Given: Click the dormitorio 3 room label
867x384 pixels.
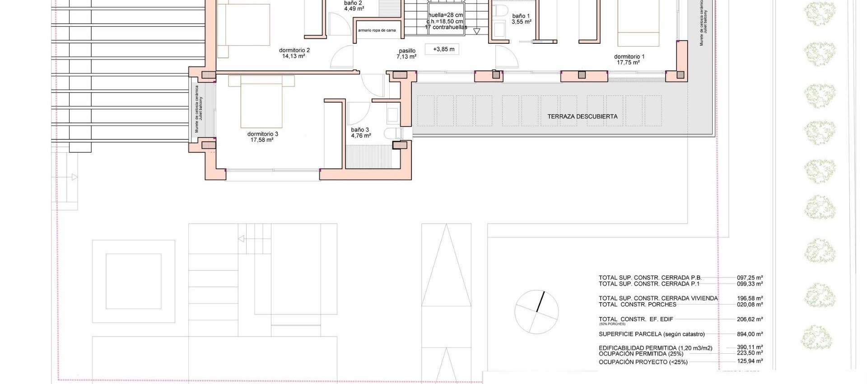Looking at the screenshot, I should (x=262, y=134).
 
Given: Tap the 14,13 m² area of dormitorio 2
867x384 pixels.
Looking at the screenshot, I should (x=294, y=56).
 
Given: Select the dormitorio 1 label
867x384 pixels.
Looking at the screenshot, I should (x=629, y=57).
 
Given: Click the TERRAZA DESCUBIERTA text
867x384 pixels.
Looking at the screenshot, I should (x=582, y=117).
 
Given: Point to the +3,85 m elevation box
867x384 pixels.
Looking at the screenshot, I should (x=443, y=49).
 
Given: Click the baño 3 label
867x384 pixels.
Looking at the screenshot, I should (x=360, y=130).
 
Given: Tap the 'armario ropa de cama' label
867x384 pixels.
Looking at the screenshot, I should (x=377, y=31).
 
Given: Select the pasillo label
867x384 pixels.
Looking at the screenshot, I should (x=407, y=51).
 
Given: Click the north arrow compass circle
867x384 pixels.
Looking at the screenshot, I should (x=536, y=312).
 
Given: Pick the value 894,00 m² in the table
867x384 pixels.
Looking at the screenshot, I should (x=750, y=334).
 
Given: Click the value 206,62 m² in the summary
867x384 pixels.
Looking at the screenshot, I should (x=750, y=319).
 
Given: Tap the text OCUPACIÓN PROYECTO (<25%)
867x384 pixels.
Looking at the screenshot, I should (x=643, y=362).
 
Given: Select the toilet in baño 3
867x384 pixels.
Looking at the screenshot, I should (x=393, y=133).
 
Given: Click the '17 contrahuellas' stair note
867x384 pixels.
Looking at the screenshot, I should (x=446, y=28).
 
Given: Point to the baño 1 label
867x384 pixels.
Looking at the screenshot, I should (x=521, y=16).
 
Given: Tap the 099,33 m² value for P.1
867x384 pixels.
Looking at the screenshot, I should (x=750, y=284).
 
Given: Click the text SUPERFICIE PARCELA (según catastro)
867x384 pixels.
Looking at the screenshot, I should (x=651, y=334).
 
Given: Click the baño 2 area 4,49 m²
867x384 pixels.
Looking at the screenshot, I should (x=354, y=9).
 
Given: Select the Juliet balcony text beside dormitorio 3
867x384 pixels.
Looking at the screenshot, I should (x=201, y=108).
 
